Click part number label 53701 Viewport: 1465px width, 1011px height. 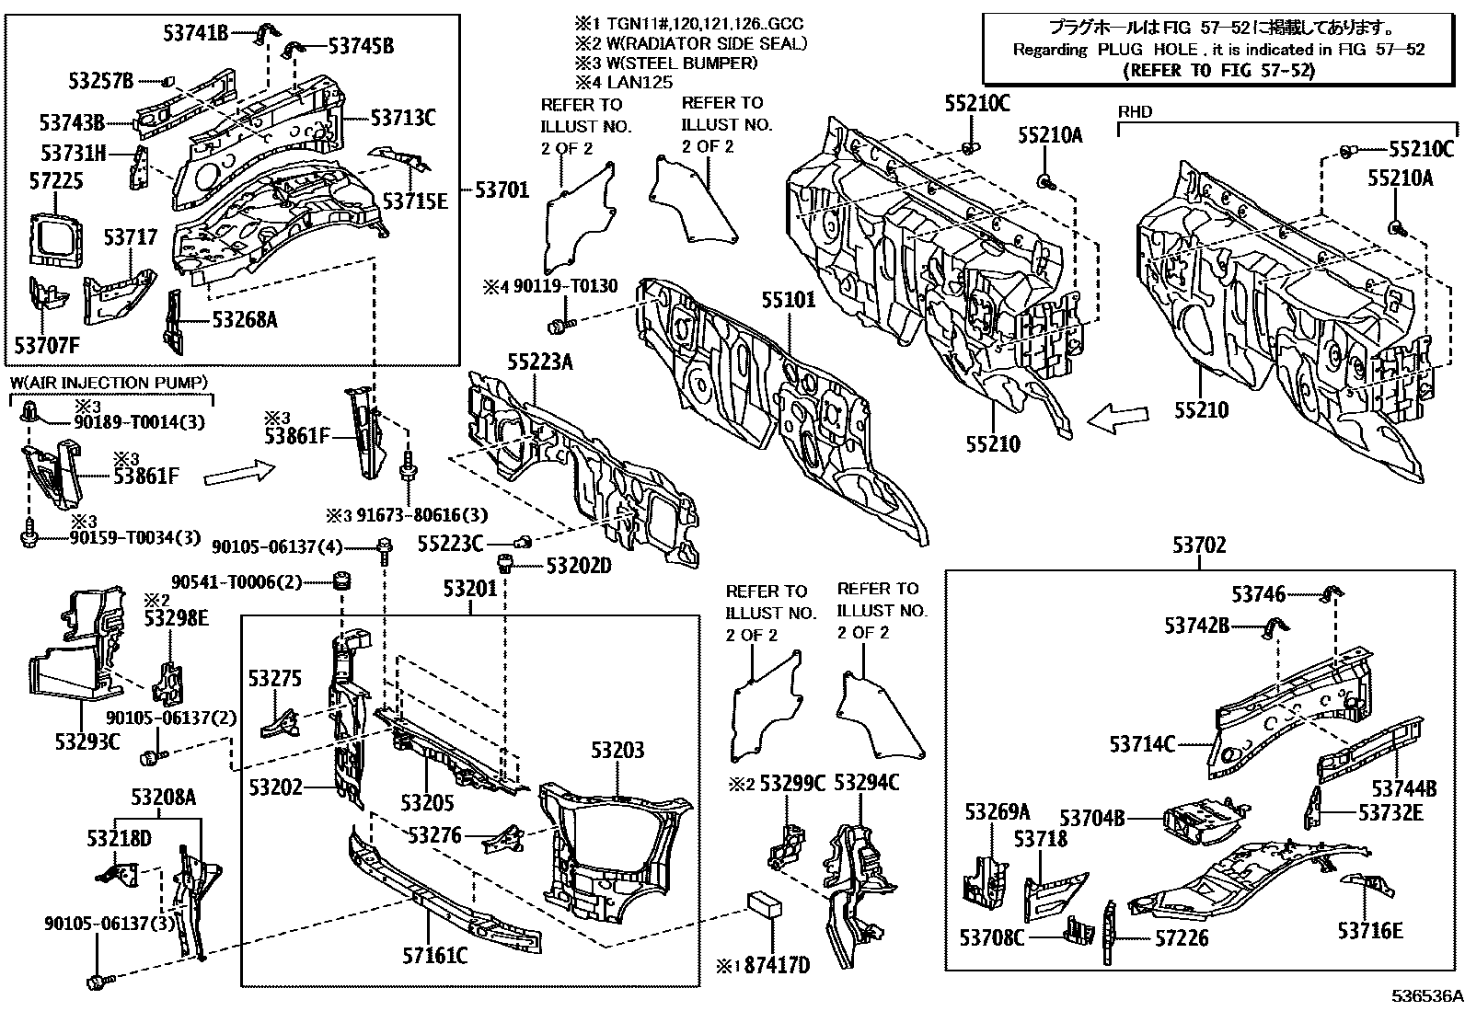pyautogui.click(x=502, y=190)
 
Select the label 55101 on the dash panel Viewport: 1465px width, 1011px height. pyautogui.click(x=789, y=301)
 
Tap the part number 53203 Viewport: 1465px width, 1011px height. pyautogui.click(x=617, y=751)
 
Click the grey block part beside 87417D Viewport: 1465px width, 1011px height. pyautogui.click(x=767, y=903)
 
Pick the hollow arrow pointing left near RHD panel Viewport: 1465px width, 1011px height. pyautogui.click(x=1117, y=419)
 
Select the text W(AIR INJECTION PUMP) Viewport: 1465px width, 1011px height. pyautogui.click(x=110, y=382)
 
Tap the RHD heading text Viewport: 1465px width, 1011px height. pyautogui.click(x=1134, y=112)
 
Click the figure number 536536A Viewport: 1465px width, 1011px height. pyautogui.click(x=1425, y=996)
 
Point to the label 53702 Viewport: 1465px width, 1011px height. pyautogui.click(x=1199, y=546)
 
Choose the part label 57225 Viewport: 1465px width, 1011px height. pyautogui.click(x=55, y=181)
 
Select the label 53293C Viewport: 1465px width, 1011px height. pyautogui.click(x=87, y=741)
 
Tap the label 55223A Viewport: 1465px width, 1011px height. pyautogui.click(x=539, y=362)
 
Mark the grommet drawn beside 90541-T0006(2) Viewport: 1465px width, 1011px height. pyautogui.click(x=343, y=582)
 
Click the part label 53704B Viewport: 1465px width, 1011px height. pyautogui.click(x=1092, y=818)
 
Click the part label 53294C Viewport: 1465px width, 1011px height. pyautogui.click(x=866, y=783)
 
